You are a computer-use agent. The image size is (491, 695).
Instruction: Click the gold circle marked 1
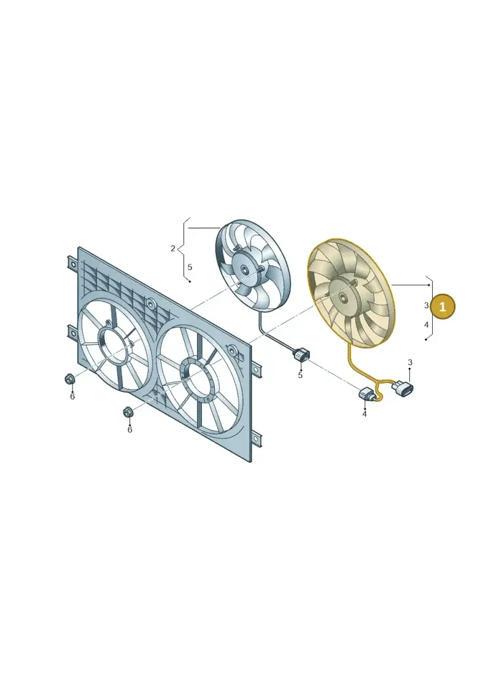click(x=443, y=306)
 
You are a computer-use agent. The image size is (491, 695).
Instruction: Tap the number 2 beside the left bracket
click(x=172, y=249)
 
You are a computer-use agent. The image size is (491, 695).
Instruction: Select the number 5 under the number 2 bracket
click(x=190, y=267)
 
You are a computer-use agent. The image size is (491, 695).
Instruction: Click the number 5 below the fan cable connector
click(x=300, y=375)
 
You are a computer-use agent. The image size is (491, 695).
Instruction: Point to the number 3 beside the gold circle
click(x=427, y=305)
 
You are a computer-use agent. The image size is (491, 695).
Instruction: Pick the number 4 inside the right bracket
click(x=427, y=325)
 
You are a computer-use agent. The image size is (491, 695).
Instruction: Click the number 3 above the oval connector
click(x=409, y=363)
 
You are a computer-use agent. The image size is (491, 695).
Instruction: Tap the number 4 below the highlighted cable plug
click(x=365, y=414)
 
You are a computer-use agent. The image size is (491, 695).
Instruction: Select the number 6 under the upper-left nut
click(x=72, y=397)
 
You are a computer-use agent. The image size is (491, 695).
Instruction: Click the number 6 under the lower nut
click(x=130, y=430)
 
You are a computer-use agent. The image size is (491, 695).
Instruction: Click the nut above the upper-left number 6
click(x=70, y=379)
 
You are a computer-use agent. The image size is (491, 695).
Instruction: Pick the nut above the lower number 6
click(x=128, y=412)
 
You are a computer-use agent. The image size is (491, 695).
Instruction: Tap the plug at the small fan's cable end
click(x=301, y=355)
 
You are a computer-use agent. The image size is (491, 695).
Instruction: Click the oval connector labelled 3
click(x=403, y=389)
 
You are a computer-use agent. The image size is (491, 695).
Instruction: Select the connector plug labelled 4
click(x=368, y=393)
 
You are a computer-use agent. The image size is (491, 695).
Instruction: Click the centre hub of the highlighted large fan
click(x=342, y=298)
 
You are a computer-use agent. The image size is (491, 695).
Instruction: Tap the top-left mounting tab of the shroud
click(x=72, y=264)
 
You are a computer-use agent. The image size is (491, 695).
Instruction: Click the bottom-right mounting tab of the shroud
click(x=256, y=439)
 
